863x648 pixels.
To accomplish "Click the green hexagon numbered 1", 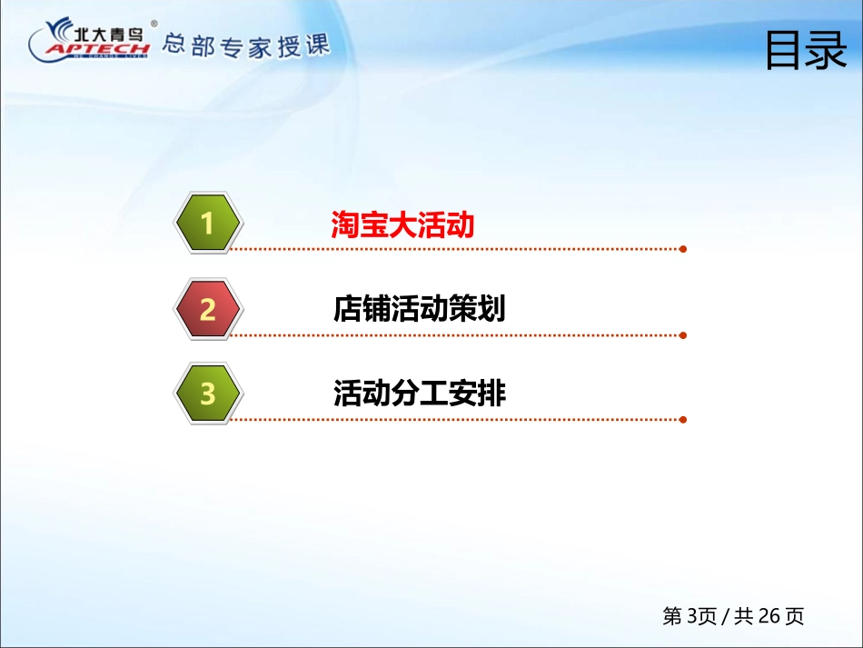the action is pos(208,223).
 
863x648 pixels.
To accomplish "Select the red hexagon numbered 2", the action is pos(208,308).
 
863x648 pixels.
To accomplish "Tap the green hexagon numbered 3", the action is pos(208,394).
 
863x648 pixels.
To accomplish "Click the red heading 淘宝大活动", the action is pos(402,224).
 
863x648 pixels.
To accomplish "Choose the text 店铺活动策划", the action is pos(420,308).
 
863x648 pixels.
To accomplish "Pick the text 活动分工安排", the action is pos(420,394).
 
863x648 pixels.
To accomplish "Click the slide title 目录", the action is pos(807,50).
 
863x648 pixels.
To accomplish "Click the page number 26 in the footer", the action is pos(769,616).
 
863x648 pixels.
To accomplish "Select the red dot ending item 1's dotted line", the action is pos(683,249).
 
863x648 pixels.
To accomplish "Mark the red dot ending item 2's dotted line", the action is pos(683,335).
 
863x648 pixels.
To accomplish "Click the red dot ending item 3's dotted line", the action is pos(683,420).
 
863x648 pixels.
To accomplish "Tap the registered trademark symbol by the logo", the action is pos(154,24).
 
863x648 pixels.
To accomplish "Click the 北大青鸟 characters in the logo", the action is pos(108,35).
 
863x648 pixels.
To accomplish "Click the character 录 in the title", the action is pos(828,50).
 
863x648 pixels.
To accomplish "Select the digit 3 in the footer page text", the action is pos(692,616).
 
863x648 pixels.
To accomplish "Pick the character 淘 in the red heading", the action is pos(344,224).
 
